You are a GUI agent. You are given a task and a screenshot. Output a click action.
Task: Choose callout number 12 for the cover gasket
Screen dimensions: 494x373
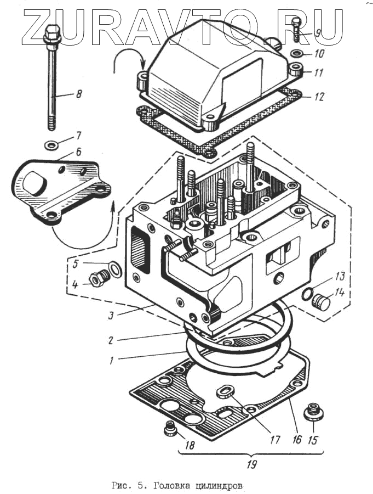319,97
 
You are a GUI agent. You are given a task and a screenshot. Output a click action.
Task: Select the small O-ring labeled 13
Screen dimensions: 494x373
307,295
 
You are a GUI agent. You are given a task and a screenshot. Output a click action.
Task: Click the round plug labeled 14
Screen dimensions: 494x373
321,301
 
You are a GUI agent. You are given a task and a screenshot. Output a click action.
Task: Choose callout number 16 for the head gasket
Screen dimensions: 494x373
298,440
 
